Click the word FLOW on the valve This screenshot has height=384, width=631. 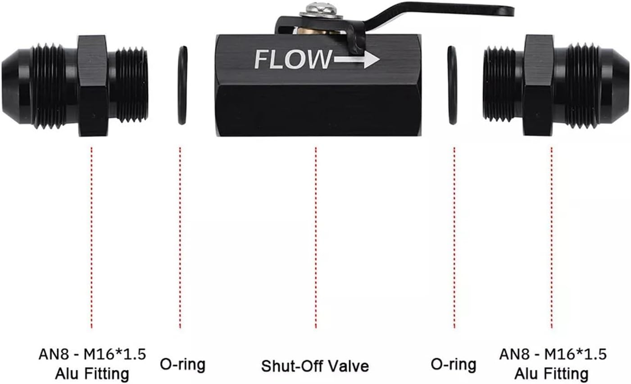click(x=292, y=60)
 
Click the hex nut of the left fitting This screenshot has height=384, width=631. click(x=94, y=86)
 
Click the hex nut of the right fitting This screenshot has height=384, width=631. click(x=538, y=86)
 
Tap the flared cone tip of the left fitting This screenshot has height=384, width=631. click(x=14, y=86)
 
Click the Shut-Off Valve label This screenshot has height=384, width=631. click(x=315, y=366)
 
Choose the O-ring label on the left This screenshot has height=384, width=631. click(x=182, y=364)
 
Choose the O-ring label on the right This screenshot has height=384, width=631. click(x=453, y=364)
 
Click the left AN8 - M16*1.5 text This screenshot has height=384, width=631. click(x=92, y=354)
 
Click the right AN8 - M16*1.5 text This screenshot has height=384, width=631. click(x=552, y=354)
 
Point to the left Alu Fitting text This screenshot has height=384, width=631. click(x=92, y=373)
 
